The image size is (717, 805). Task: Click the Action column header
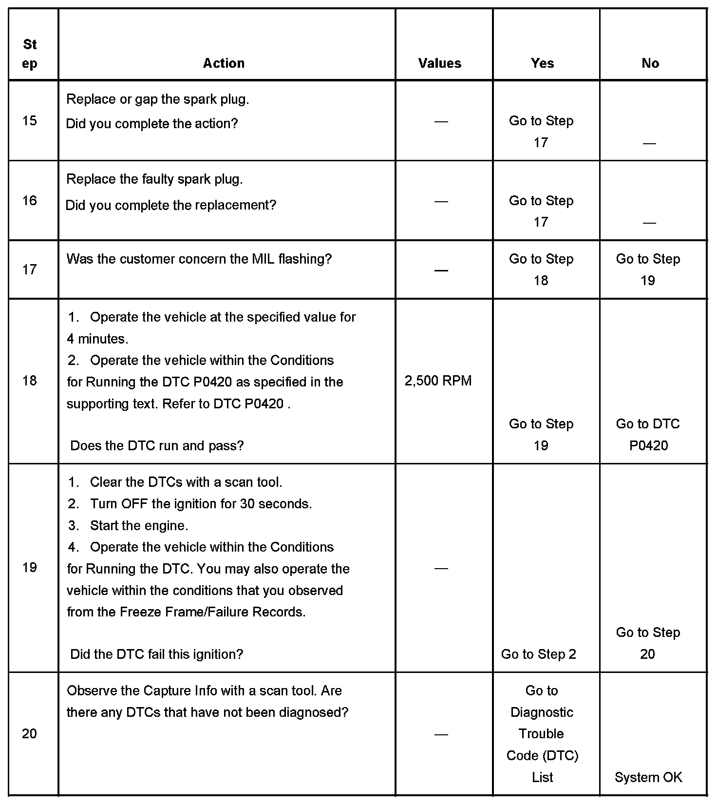(x=224, y=63)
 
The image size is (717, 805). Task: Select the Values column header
(x=439, y=63)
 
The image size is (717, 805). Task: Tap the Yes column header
(x=542, y=63)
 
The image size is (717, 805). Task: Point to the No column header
(x=650, y=63)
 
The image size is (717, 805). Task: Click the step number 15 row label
(x=30, y=120)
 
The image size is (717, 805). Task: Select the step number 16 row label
(x=30, y=200)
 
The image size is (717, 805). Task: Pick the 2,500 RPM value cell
(x=438, y=381)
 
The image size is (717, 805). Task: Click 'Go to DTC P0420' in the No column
(x=648, y=435)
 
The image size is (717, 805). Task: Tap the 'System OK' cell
(x=648, y=777)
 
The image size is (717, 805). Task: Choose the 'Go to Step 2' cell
(x=538, y=654)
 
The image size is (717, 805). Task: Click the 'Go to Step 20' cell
(x=648, y=643)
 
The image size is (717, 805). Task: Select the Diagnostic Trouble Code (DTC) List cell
(x=542, y=734)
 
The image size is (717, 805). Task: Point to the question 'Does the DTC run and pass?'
(x=157, y=445)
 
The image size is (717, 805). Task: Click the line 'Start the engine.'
(x=139, y=525)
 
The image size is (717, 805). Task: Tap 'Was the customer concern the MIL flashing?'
(x=199, y=259)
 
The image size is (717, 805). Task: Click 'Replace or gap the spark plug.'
(x=157, y=99)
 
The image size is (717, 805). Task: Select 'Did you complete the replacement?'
(x=170, y=205)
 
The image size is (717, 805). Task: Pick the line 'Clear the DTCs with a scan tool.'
(x=186, y=482)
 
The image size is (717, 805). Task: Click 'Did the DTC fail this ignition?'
(x=156, y=654)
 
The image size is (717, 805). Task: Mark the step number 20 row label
(x=30, y=733)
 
